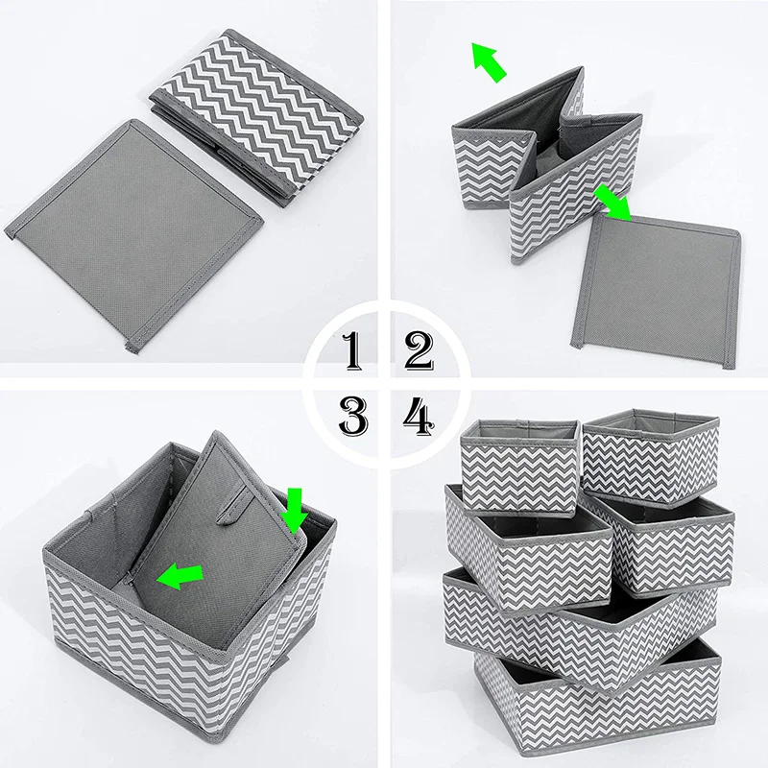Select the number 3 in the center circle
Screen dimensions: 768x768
tap(352, 416)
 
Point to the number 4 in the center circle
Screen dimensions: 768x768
tap(418, 416)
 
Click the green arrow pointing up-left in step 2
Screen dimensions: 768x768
tap(489, 61)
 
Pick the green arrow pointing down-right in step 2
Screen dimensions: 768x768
tap(613, 203)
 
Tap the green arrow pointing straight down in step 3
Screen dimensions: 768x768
tap(295, 510)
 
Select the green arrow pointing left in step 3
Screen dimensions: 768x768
tap(182, 576)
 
